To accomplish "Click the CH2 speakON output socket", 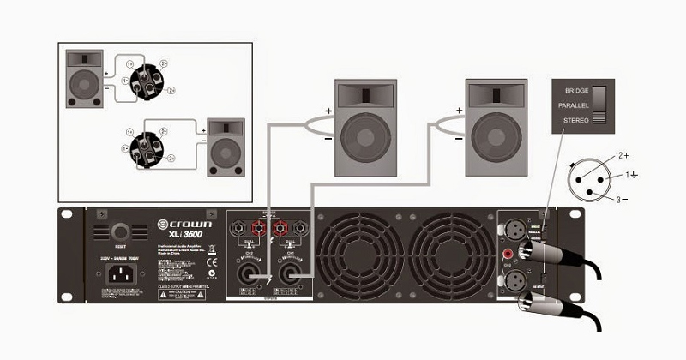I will (249, 275).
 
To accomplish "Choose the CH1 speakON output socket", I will (293, 275).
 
